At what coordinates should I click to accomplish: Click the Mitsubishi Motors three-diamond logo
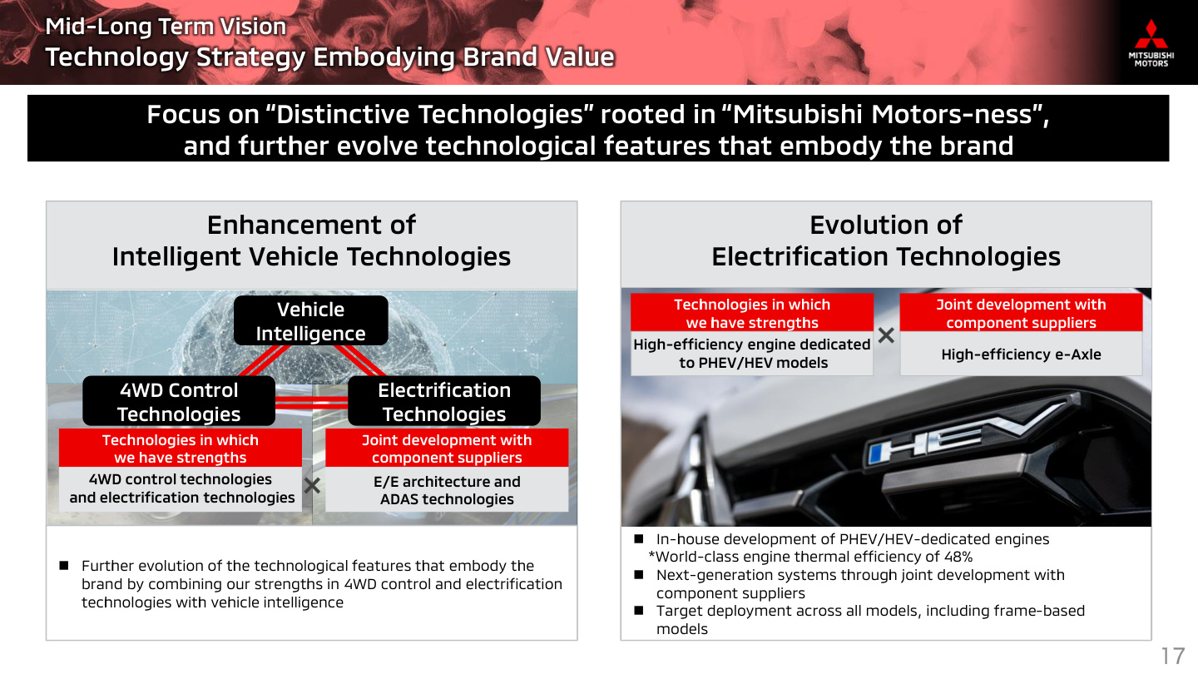point(1151,34)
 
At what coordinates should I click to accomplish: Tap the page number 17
point(1171,656)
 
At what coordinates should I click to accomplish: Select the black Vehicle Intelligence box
point(311,320)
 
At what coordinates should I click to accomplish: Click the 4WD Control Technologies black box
point(179,401)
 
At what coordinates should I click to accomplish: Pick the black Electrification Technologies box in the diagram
point(444,401)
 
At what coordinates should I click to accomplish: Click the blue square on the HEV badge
point(877,453)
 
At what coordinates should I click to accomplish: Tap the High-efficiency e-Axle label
point(1021,354)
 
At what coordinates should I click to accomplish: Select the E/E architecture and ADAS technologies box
point(447,489)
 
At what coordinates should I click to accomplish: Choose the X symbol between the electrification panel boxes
point(886,335)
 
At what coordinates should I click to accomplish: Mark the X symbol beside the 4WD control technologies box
point(312,486)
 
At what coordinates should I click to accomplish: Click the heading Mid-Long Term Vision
point(166,27)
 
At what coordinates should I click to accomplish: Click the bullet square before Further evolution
point(63,566)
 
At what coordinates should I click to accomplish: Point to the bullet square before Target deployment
point(639,611)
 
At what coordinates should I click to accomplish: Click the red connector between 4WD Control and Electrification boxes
point(311,402)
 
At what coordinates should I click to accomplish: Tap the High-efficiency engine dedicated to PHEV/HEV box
point(751,354)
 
